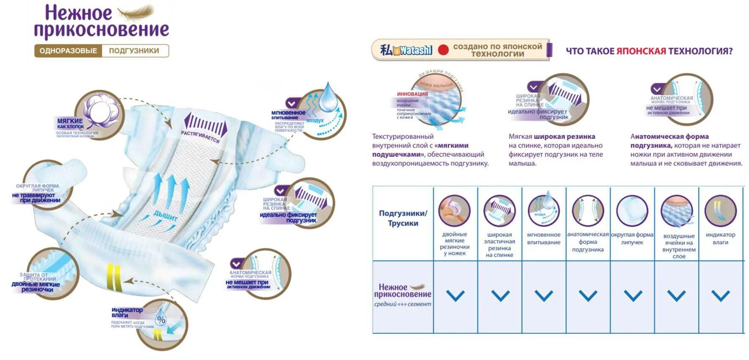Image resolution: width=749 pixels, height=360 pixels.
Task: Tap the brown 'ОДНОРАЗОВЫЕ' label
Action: [68, 51]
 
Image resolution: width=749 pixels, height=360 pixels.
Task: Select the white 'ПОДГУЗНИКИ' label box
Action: [134, 51]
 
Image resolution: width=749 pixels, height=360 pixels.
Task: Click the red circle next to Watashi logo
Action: [443, 50]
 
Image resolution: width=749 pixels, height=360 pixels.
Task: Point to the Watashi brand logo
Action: [407, 50]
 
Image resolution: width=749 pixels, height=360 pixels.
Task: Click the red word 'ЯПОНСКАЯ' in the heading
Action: [641, 51]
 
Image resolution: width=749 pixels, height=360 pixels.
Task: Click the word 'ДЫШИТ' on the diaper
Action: [165, 216]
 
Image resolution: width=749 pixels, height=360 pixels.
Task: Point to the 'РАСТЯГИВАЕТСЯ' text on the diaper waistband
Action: [200, 137]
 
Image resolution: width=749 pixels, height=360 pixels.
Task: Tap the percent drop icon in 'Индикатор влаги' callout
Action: [161, 319]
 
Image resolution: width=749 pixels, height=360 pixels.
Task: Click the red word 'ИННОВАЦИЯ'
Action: [412, 94]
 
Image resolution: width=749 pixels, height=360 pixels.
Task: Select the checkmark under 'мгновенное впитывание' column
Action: [544, 296]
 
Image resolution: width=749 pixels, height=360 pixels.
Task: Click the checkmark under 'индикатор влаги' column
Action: [720, 296]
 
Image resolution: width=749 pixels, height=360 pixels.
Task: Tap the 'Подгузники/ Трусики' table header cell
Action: [403, 219]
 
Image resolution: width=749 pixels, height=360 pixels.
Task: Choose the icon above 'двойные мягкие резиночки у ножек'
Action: [454, 210]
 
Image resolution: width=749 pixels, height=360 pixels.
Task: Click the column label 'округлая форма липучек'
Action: [632, 238]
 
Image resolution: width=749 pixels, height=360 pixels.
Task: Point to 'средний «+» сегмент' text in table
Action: [402, 304]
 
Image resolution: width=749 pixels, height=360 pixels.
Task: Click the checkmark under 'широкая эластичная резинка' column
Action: [500, 296]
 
